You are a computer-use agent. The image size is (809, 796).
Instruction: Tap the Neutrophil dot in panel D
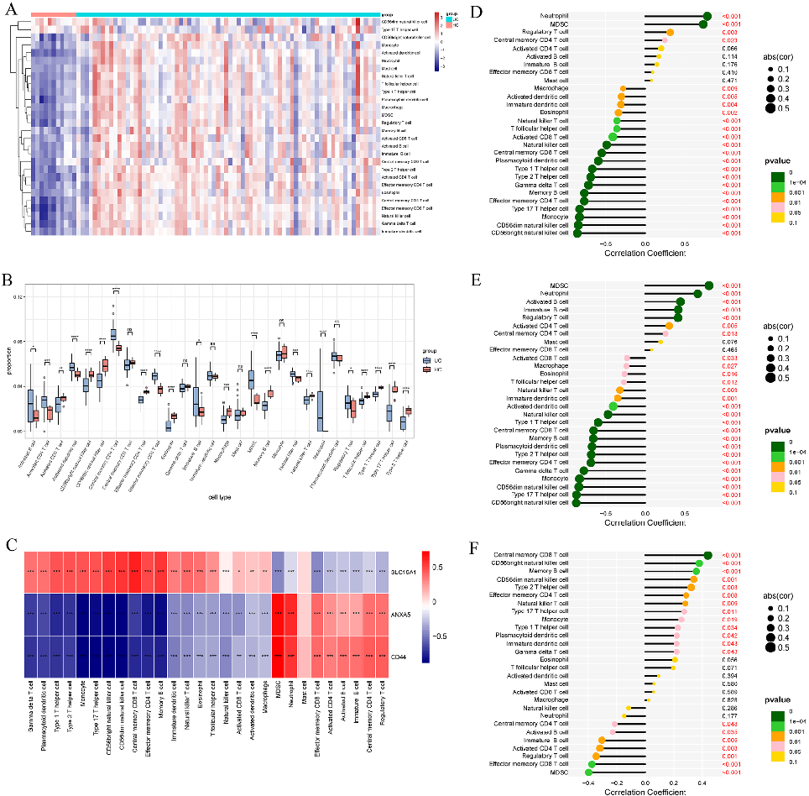pos(707,16)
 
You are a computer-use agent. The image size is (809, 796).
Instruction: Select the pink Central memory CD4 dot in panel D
pos(665,40)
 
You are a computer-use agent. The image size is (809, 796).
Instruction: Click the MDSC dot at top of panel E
pos(709,285)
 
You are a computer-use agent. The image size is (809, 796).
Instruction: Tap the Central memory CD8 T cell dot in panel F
pos(707,555)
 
